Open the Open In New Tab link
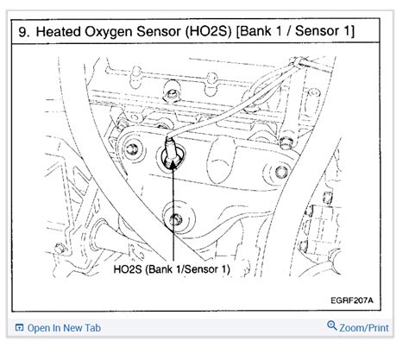[x=64, y=328]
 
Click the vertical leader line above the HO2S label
[x=173, y=224]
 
